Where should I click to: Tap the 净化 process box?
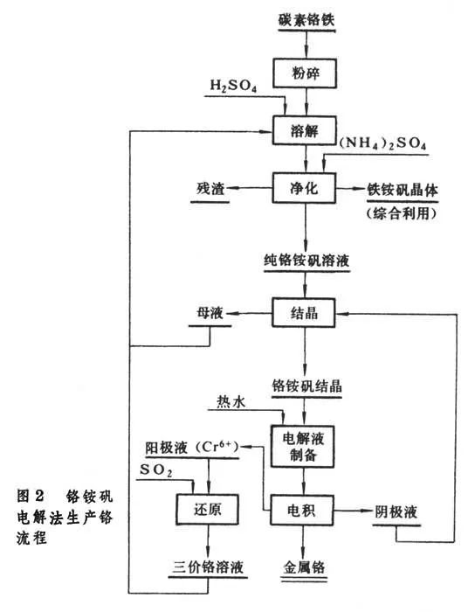305,188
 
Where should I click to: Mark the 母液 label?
212,312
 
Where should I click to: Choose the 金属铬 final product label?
305,567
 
